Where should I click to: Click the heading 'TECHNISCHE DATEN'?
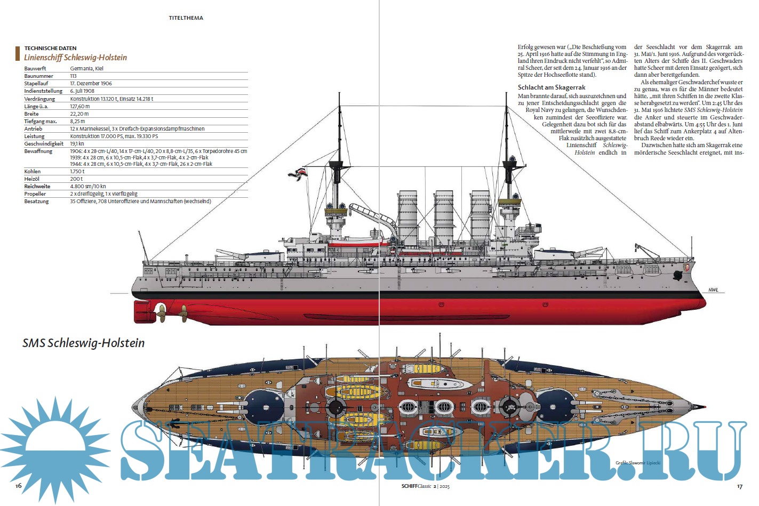[50, 48]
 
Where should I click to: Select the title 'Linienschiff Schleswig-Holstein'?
[75, 58]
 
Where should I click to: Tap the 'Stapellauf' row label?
[36, 84]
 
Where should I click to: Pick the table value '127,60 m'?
[80, 107]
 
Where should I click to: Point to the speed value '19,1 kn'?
[77, 144]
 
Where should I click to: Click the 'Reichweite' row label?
[37, 187]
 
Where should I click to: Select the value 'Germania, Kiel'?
[87, 69]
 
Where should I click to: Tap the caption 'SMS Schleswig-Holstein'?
[84, 343]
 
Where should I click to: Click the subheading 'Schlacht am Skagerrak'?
[552, 87]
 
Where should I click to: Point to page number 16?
[18, 486]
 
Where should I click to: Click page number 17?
[739, 486]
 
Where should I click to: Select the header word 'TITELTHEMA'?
[186, 18]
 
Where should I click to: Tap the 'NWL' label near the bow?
[713, 290]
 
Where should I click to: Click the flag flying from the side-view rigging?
[296, 173]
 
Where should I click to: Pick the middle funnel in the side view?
[444, 216]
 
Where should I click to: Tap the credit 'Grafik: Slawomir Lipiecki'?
[638, 463]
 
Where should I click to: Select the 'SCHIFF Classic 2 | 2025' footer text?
[426, 486]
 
